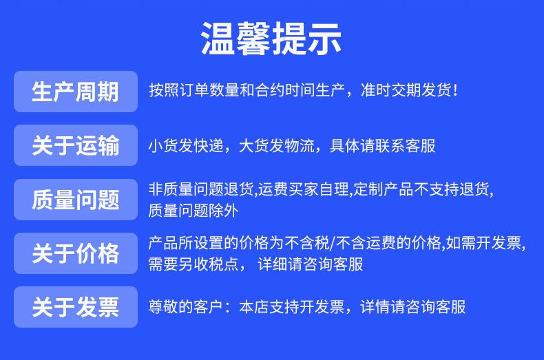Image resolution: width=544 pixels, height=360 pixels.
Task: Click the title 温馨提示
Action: (271, 39)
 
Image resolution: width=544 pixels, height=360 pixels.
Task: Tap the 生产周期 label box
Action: (76, 92)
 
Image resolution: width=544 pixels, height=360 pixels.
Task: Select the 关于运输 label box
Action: (76, 145)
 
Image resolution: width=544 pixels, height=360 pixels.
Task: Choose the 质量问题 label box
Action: (76, 200)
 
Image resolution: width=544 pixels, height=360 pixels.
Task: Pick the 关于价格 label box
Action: (76, 253)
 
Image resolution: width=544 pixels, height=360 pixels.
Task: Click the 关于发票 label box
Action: (76, 307)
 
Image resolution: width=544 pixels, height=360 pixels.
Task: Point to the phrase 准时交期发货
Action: (406, 90)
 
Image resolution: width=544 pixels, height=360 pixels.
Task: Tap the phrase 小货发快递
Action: (186, 146)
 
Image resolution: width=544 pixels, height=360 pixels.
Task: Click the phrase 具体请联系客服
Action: (382, 146)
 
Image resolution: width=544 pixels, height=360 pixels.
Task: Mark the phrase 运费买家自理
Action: (303, 189)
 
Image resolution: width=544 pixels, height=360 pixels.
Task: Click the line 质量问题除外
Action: (193, 211)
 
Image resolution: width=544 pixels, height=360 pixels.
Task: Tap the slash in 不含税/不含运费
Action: (333, 243)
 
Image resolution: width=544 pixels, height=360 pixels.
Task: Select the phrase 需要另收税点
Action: (193, 264)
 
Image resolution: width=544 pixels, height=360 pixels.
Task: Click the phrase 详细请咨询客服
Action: (311, 264)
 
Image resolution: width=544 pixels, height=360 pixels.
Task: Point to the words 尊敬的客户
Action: (186, 307)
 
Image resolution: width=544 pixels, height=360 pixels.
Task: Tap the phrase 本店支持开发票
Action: (292, 307)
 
